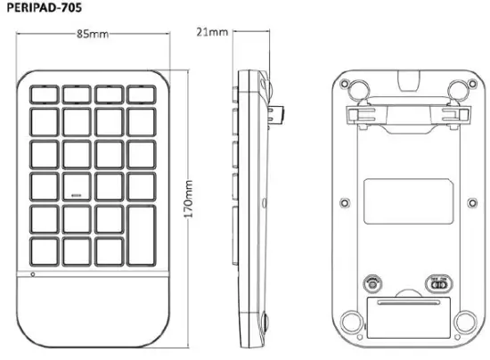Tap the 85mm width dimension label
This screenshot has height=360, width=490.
coord(93,35)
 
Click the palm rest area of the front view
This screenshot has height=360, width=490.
coord(93,307)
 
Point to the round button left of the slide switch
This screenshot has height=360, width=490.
coord(373,285)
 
